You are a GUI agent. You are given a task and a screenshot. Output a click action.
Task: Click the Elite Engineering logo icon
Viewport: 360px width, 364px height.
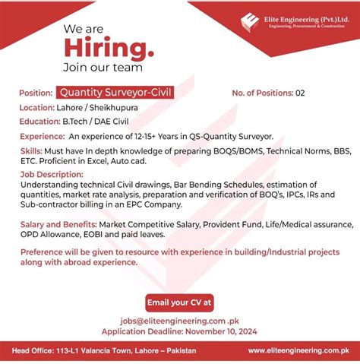250,22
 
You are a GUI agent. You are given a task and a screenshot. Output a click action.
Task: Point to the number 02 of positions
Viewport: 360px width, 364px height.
300,93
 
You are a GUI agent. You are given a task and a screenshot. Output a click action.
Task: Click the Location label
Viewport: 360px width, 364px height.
36,108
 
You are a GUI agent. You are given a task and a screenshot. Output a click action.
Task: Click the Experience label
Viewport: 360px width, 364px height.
42,136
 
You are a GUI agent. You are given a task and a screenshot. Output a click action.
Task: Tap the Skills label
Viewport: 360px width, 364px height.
32,151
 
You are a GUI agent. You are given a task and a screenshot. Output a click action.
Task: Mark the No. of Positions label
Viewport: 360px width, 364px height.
262,93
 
